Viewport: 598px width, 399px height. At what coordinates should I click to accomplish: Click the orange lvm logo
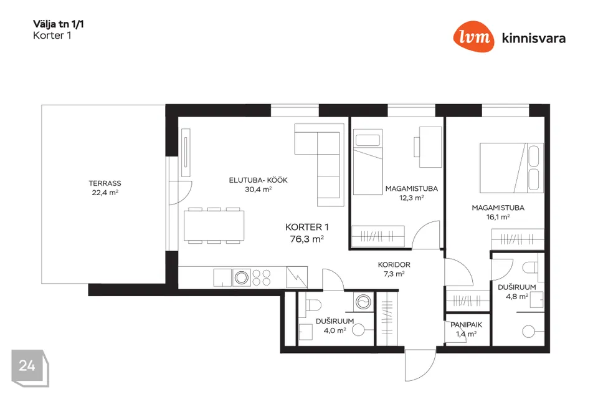tap(473, 36)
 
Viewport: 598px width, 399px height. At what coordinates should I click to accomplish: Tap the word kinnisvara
tap(534, 38)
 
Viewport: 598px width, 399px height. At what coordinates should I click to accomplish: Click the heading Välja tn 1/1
tap(59, 24)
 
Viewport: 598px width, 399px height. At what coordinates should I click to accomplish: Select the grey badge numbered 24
tap(30, 367)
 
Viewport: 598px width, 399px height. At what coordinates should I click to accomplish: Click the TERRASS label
tap(105, 183)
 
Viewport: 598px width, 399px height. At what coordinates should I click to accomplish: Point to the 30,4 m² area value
tap(258, 190)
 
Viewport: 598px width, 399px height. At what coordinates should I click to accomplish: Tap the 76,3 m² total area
tap(307, 239)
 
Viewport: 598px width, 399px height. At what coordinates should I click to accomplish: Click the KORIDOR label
tap(394, 264)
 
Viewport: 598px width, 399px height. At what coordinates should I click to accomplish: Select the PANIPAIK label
tap(467, 325)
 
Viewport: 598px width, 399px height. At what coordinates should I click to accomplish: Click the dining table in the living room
tap(214, 225)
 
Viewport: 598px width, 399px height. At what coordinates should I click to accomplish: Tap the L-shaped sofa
tap(319, 165)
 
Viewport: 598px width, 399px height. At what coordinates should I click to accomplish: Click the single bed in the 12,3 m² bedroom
tap(368, 162)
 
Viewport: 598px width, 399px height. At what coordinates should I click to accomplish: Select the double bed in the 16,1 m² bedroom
tap(511, 168)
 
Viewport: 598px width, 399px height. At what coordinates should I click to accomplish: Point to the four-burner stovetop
tap(262, 277)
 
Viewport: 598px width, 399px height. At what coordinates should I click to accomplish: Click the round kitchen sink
tap(242, 277)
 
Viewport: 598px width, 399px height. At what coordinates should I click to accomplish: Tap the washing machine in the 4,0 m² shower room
tap(363, 302)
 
